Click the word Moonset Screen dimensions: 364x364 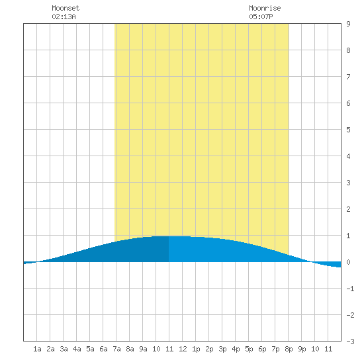(66, 8)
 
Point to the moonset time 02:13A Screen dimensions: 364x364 (64, 17)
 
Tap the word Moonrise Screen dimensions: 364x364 (265, 8)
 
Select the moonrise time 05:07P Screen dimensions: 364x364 (261, 17)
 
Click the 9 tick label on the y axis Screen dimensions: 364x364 (348, 24)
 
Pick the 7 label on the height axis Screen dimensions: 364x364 (348, 77)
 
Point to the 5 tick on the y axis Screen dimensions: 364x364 (348, 130)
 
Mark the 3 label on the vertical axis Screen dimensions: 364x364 (348, 183)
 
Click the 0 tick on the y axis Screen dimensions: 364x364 (348, 262)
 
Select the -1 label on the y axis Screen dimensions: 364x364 (350, 289)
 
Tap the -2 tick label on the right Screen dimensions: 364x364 (350, 315)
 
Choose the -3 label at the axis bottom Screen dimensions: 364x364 (350, 341)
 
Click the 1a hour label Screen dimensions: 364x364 (37, 349)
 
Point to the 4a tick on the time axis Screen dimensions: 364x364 (77, 349)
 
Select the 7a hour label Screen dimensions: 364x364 (116, 349)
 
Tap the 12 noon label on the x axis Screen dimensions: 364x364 (183, 349)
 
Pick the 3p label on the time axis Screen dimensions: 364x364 (222, 349)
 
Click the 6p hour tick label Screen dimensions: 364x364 (262, 349)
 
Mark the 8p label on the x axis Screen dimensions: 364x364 (289, 349)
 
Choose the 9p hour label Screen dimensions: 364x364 (302, 349)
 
